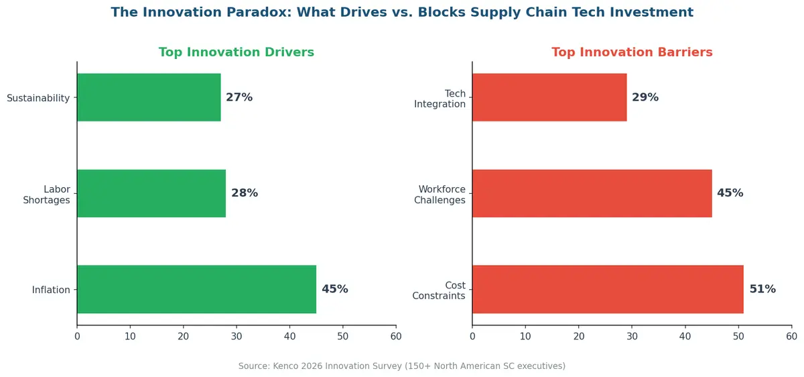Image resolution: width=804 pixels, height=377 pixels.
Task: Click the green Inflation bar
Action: [196, 289]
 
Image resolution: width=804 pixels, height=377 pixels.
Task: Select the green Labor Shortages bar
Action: [151, 193]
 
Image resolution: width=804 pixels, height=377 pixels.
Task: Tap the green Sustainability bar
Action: [149, 97]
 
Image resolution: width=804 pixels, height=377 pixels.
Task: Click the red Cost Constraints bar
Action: [608, 289]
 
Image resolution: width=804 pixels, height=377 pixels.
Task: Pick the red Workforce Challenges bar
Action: [592, 193]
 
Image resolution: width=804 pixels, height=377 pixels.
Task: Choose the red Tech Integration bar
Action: [549, 97]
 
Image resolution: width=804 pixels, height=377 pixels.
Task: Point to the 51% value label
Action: [762, 289]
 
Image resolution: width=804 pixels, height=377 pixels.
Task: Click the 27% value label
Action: [239, 97]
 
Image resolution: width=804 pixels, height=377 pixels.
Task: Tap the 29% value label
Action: [645, 97]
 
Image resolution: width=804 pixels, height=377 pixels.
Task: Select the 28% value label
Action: [245, 193]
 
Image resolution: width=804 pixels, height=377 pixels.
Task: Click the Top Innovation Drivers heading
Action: [236, 52]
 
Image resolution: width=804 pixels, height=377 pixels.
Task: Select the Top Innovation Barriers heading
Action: [632, 52]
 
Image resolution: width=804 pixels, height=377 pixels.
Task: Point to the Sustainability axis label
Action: [38, 98]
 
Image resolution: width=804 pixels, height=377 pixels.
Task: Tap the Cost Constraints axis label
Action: [439, 290]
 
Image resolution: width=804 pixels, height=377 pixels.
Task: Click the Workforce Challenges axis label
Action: [442, 195]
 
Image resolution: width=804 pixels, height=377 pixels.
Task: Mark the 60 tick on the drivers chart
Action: [396, 336]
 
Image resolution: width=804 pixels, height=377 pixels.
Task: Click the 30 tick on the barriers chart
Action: [632, 336]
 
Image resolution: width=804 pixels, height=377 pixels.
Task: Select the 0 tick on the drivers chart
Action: [77, 336]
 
